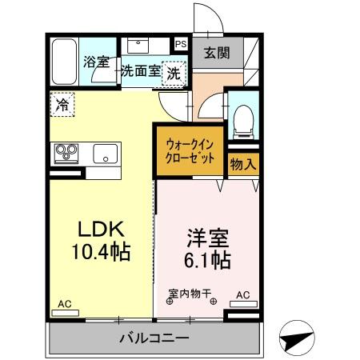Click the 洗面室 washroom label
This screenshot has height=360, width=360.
coord(141,71)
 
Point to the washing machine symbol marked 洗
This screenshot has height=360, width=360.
coord(174,71)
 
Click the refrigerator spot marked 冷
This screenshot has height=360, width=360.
coord(61,103)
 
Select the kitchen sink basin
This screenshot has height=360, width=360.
coord(106,153)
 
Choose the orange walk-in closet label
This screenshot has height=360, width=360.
coord(190,151)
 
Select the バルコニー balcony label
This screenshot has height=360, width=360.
coord(154,338)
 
